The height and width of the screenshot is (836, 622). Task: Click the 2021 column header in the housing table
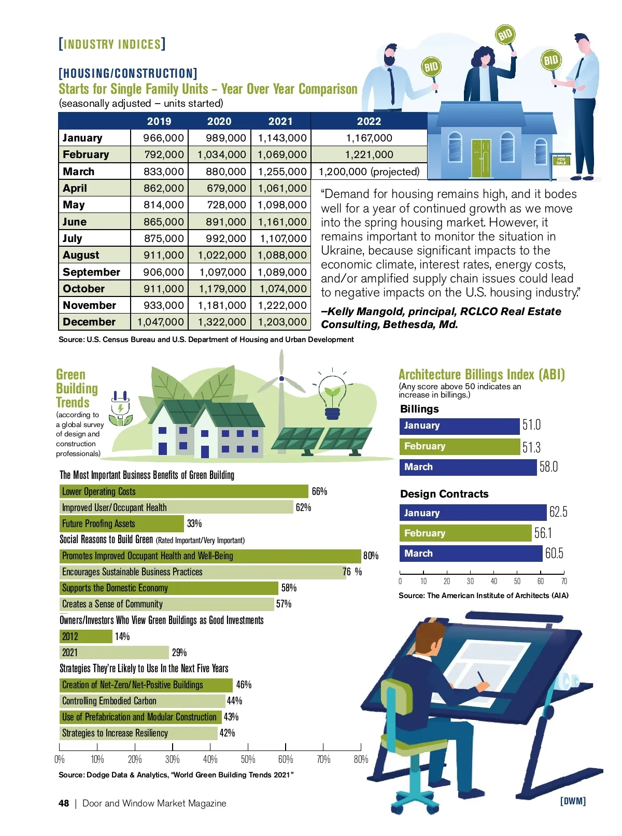coord(280,121)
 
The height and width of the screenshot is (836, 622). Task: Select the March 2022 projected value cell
coord(369,172)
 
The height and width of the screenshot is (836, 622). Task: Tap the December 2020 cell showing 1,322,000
coord(220,322)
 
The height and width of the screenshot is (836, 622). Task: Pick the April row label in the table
coord(75,188)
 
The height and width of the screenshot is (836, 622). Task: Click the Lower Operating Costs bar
coord(184,491)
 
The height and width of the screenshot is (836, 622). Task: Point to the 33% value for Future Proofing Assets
coord(194,523)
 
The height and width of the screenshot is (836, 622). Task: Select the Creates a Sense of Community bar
coord(167,604)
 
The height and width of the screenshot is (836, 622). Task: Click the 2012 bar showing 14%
coord(86,636)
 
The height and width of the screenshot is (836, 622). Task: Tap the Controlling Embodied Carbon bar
coord(143,701)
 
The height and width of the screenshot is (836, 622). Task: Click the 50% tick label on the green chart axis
coord(248,759)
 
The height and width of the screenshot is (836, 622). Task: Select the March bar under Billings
coord(468,467)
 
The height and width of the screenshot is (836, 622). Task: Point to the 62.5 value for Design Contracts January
coord(558,512)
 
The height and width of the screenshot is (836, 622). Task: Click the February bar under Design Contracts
coord(465,533)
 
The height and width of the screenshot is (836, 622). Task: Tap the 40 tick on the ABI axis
coord(494,581)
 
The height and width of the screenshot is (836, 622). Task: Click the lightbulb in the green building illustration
coord(332,396)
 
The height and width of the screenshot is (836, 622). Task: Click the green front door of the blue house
coord(481,158)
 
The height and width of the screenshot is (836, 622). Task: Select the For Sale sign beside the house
coord(561,161)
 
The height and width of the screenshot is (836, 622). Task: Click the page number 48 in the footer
coord(64,803)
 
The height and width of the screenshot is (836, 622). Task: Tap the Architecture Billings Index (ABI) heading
coord(482,374)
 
